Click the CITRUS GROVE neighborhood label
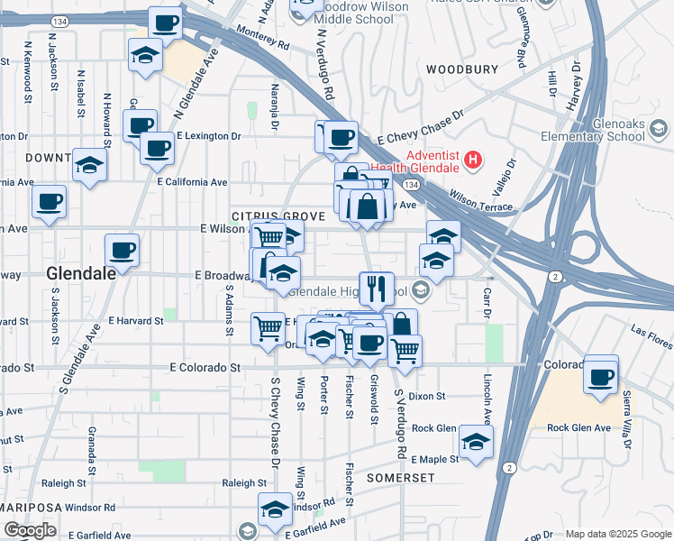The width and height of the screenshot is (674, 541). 269,216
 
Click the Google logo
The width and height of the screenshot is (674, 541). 30,530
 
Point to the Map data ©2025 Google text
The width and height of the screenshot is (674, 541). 616,534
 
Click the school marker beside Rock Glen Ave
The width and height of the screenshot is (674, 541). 476,440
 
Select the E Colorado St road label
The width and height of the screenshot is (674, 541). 206,368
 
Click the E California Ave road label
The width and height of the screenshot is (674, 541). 192,182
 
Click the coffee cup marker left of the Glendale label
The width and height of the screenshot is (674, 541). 122,250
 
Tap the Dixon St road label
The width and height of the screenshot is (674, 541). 427,396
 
